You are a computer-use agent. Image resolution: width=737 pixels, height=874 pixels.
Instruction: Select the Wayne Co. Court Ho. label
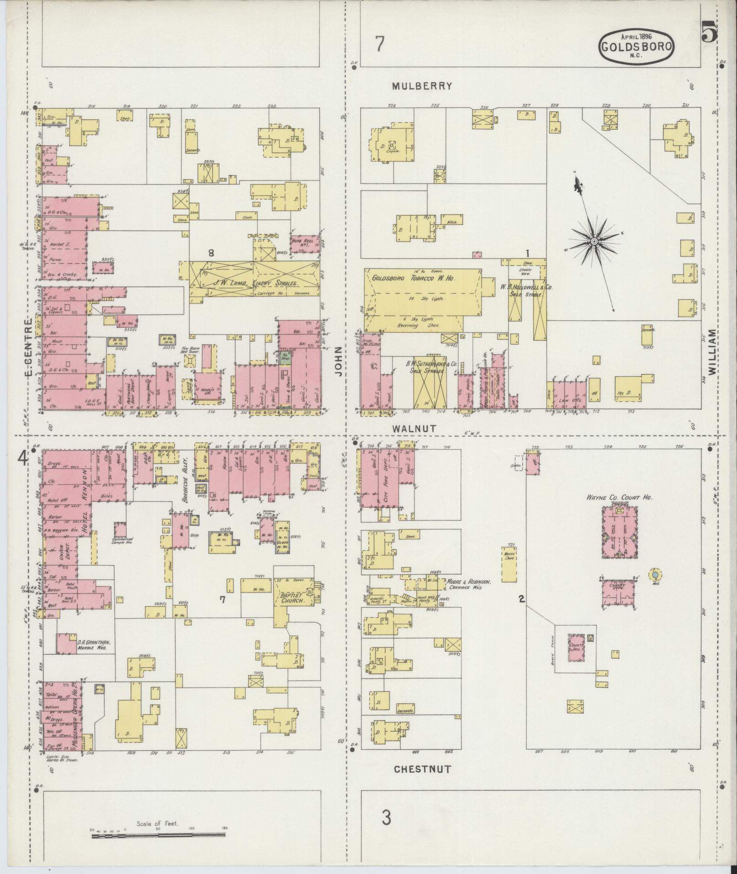[x=620, y=498]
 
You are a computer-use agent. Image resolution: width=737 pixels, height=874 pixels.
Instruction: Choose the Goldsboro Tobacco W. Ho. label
[x=415, y=278]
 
